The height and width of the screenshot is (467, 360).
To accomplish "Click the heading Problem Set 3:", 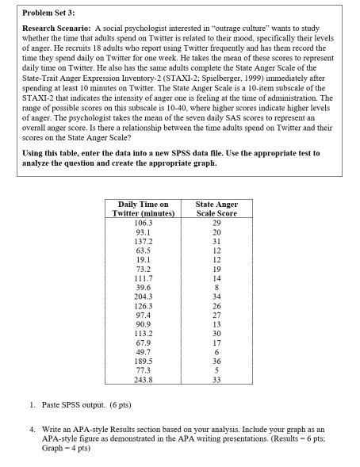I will tap(35, 14).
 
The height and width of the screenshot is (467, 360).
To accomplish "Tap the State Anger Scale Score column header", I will tap(216, 209).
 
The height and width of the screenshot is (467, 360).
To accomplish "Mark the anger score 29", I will tap(216, 223).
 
